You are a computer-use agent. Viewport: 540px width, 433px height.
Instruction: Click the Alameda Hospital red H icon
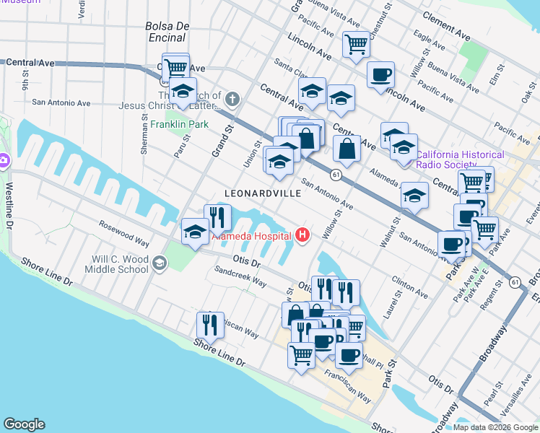tap(302, 235)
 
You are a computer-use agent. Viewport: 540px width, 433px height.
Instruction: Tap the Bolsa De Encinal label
tap(167, 31)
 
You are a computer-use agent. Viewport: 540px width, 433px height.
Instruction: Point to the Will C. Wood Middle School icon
tap(158, 263)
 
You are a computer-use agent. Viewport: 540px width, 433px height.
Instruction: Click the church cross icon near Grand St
tap(232, 98)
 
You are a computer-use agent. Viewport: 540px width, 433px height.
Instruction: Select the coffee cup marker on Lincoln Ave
tap(380, 74)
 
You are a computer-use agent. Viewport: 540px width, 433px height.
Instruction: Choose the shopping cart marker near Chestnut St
tap(356, 44)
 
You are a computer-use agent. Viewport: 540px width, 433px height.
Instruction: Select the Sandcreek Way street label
tap(240, 277)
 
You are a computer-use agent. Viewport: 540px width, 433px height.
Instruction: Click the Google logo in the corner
tap(24, 424)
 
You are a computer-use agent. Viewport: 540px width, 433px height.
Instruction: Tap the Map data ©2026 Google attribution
tap(495, 427)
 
